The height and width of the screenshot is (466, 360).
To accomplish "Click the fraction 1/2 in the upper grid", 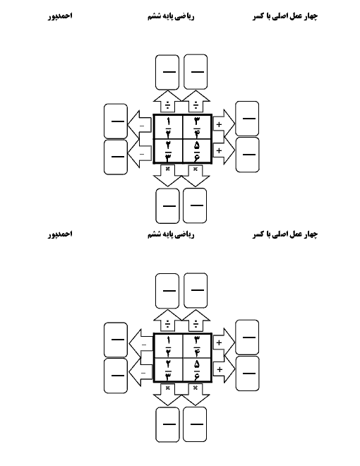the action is coord(168,126).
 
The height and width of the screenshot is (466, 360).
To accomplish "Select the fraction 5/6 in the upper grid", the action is coord(197,151).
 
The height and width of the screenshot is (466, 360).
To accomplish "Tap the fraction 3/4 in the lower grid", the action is coord(197,346).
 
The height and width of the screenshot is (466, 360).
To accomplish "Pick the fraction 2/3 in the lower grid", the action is coord(168,370).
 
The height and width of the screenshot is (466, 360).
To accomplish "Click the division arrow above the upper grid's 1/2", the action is coord(167,102).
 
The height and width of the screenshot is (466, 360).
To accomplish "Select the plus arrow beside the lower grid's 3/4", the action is coord(224,342).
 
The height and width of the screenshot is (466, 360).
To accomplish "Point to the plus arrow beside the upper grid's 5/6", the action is coord(224,150).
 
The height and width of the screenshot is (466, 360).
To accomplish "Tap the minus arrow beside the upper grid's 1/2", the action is coord(140,125).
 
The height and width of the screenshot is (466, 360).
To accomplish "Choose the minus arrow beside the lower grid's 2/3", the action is coord(140,372).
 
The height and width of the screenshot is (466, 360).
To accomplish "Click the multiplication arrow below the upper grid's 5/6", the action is coord(196,176).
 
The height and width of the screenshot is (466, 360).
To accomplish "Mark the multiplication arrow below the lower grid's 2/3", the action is coord(167,395).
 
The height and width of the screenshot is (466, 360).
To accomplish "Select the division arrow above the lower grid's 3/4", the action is coord(196,321).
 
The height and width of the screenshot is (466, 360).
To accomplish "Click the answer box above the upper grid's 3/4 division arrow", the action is coord(196,71).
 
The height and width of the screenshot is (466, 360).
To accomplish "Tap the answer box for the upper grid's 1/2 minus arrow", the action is coord(116,121).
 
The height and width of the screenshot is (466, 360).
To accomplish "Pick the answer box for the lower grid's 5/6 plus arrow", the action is coord(247,374).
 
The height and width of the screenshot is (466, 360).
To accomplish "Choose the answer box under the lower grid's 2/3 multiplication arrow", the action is coord(167,424).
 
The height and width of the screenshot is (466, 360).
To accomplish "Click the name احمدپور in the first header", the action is coord(60,16).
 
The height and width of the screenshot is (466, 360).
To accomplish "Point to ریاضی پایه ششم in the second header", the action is coord(171,235).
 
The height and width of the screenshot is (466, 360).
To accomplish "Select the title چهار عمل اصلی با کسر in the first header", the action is coord(285,16).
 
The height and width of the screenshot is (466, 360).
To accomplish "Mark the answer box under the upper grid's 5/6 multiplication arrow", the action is coord(195,205).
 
